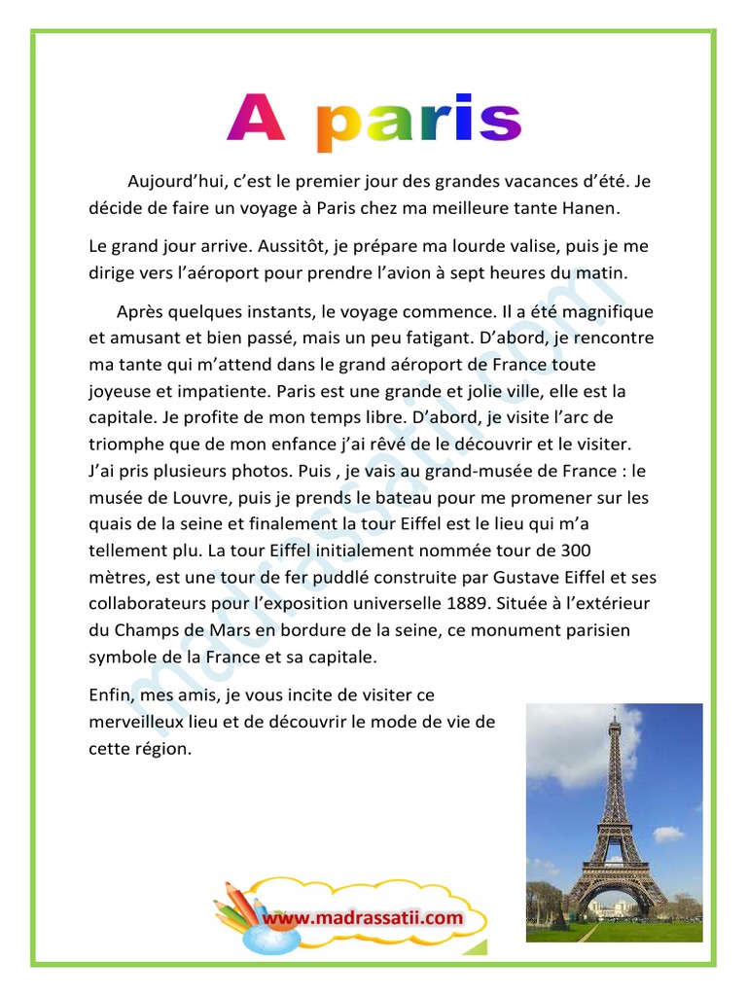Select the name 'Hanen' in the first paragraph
coord(590,208)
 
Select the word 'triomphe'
coord(124,444)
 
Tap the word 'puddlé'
coord(337,576)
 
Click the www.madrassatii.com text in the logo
coord(362,916)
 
